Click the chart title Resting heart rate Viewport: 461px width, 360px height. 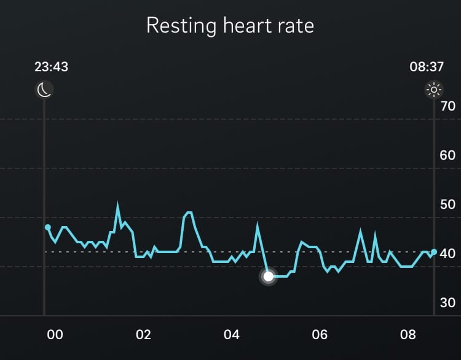(x=230, y=26)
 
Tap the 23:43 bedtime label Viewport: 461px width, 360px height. (x=51, y=66)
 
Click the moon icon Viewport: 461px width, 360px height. (x=44, y=90)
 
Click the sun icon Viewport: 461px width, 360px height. (x=434, y=90)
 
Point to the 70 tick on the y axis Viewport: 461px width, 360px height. (x=447, y=106)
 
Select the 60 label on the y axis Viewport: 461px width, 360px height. (x=447, y=155)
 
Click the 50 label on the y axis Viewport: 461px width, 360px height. (x=447, y=204)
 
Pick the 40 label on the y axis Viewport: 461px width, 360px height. (x=447, y=253)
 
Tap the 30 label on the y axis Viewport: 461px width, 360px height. (x=447, y=302)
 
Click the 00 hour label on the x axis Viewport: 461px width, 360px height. (x=55, y=335)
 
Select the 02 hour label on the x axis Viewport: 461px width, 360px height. (x=143, y=335)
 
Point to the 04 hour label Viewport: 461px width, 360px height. (x=232, y=335)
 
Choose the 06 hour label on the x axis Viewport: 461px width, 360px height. (x=320, y=335)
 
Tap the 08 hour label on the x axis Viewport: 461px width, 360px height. (x=408, y=335)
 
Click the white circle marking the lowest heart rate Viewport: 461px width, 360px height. (x=268, y=276)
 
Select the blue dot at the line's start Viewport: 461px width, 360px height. (x=48, y=227)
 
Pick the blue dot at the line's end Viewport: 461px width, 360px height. (x=433, y=252)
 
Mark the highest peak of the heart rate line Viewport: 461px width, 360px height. (x=117, y=205)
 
